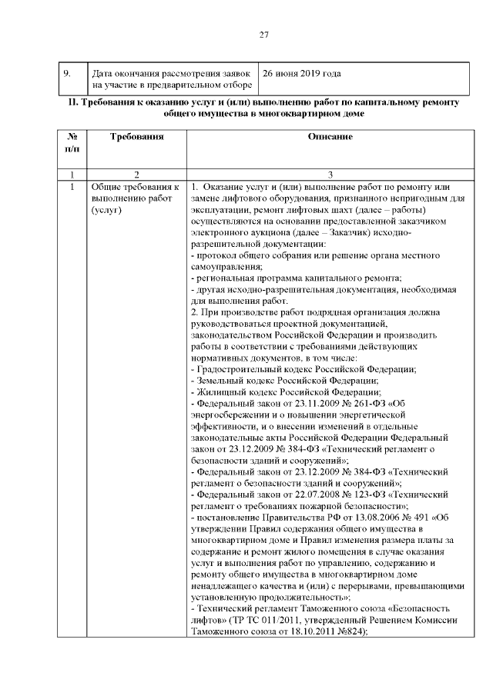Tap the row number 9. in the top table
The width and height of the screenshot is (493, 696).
(67, 73)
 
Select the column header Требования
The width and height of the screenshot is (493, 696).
(137, 136)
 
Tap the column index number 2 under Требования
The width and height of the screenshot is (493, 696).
(137, 175)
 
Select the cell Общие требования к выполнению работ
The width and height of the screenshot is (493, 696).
(136, 198)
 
